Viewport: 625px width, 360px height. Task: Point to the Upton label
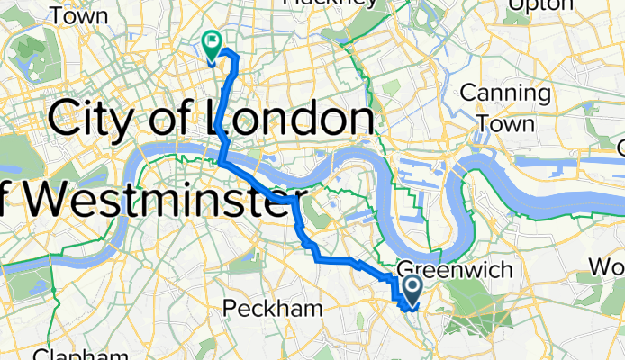(x=540, y=5)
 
